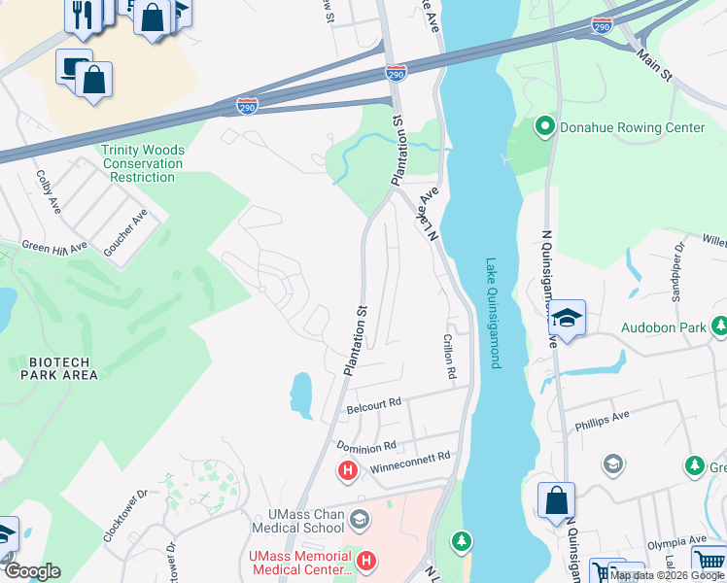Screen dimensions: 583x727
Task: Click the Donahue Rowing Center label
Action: [x=632, y=127]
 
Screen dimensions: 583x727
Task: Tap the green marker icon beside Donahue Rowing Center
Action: [x=545, y=127]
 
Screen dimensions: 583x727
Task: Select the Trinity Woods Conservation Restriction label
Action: [x=142, y=163]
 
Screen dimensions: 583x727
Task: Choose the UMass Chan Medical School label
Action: [x=297, y=521]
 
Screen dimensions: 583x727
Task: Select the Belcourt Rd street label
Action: [x=374, y=405]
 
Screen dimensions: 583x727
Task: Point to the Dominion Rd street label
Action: [x=366, y=446]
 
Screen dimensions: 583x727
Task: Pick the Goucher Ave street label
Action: [x=125, y=233]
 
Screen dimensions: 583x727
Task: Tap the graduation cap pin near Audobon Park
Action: [x=567, y=319]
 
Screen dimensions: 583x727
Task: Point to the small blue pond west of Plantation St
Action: [x=301, y=392]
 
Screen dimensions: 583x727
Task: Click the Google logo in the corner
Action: [x=31, y=571]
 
